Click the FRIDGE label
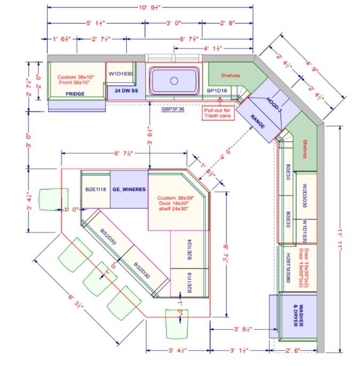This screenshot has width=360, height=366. [75, 94]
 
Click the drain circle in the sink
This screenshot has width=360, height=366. [174, 81]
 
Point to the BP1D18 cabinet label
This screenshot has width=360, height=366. [217, 91]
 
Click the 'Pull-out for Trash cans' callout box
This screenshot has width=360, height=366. [218, 113]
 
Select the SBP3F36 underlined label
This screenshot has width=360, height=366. [173, 109]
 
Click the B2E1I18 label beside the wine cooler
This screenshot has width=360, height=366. [96, 189]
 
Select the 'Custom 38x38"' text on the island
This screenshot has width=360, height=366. [175, 198]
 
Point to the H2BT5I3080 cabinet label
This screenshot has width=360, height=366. [288, 269]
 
